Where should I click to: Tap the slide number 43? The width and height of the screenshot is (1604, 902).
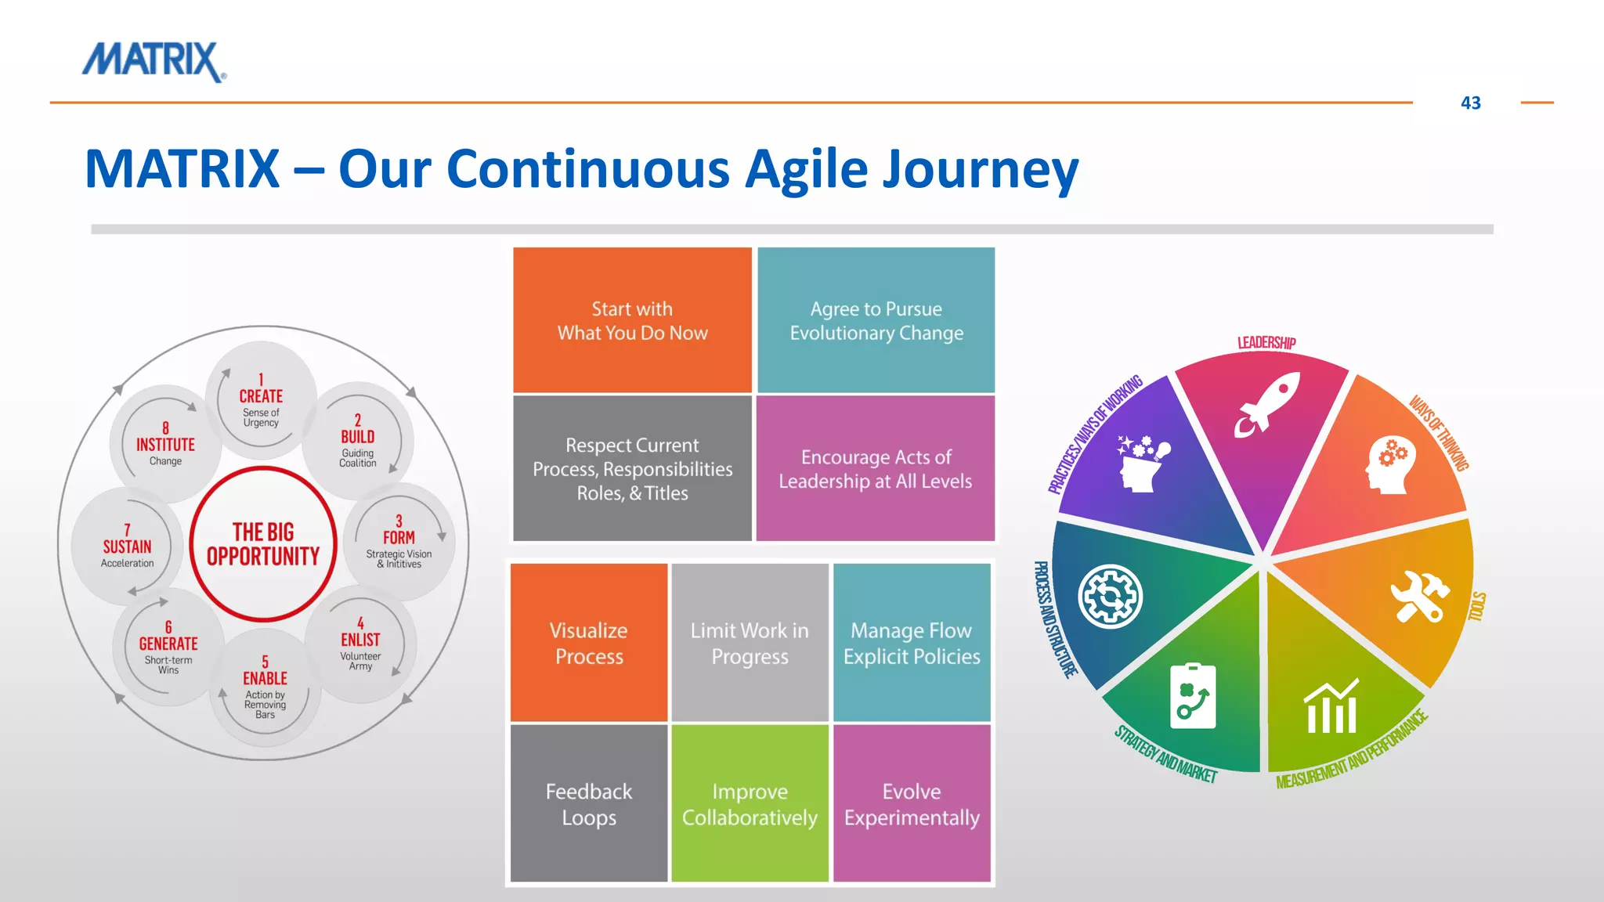click(x=1470, y=103)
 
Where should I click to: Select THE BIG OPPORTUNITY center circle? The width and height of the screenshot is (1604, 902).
click(x=263, y=544)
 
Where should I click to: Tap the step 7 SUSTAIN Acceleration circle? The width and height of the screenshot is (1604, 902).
click(x=127, y=546)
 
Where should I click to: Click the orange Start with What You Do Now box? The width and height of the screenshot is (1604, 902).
click(x=632, y=320)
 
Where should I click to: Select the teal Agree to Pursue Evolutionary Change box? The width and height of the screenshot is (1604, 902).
click(x=876, y=320)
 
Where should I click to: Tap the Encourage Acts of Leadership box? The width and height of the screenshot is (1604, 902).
click(x=875, y=468)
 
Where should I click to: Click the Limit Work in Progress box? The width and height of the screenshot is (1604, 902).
click(x=750, y=643)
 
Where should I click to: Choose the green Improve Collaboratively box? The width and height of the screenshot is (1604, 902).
click(x=750, y=803)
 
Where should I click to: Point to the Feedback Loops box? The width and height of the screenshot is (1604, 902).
click(x=589, y=803)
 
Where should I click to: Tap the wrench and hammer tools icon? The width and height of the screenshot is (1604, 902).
click(x=1419, y=597)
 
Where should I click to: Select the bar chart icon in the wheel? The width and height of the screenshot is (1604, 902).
click(x=1331, y=707)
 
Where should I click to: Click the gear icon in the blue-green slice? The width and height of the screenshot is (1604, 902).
click(x=1110, y=597)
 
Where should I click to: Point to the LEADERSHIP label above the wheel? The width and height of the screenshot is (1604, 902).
click(x=1266, y=342)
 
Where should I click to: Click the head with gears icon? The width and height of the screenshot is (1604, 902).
click(x=1390, y=464)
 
